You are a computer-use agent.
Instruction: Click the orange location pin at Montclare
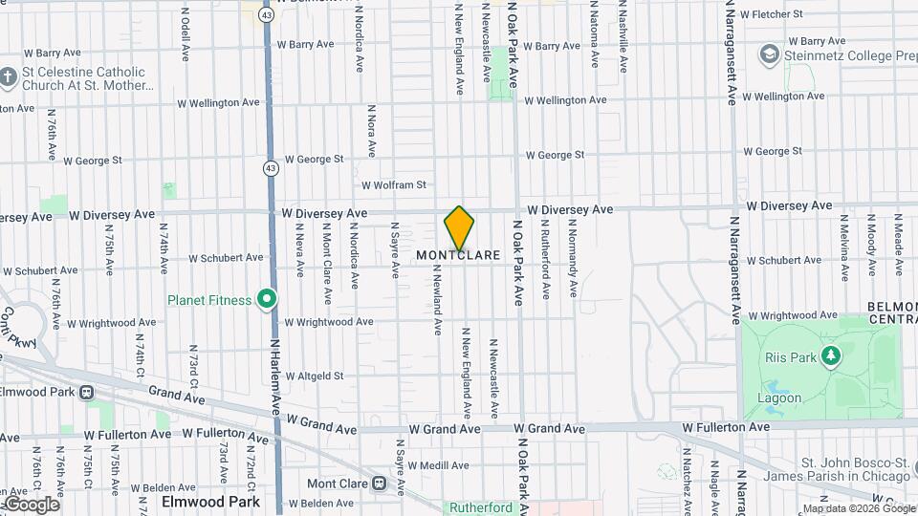point(459,227)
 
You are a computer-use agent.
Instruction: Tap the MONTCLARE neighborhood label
point(458,256)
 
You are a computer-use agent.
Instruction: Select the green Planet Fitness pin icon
point(267,300)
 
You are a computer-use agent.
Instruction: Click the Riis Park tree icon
point(831,356)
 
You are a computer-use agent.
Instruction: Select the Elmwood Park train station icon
point(87,391)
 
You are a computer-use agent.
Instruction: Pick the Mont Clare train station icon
point(380,484)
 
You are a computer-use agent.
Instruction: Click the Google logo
point(32,504)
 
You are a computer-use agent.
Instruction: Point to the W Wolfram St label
point(393,185)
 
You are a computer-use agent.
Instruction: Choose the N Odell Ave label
point(185,36)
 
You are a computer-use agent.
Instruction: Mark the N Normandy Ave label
point(573,259)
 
